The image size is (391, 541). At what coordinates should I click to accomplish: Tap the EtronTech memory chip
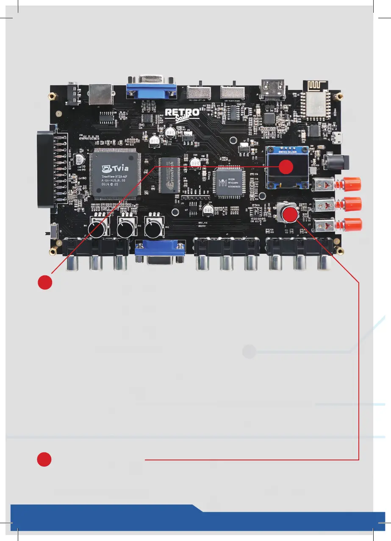pos(168,174)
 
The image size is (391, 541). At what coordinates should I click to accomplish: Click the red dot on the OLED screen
pos(286,167)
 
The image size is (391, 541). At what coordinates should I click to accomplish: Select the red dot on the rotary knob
pos(290,214)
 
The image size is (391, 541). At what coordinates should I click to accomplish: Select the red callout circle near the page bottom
pos(44,460)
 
